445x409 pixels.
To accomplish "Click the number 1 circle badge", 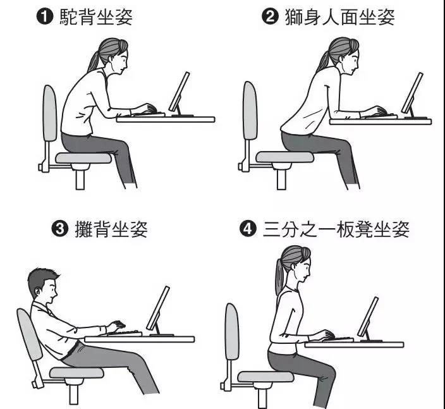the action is (45, 17).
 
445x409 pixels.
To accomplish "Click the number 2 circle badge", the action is (270, 16).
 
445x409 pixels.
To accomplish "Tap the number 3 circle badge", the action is (60, 228).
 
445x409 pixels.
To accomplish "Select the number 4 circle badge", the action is (248, 228).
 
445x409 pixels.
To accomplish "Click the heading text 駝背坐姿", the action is (96, 17).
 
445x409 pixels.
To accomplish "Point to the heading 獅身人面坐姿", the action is (339, 17).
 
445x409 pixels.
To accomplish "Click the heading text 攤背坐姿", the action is (111, 228).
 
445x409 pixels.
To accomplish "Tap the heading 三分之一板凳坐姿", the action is (336, 229).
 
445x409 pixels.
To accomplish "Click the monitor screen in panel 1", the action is (179, 92).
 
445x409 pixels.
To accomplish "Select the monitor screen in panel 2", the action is (412, 93).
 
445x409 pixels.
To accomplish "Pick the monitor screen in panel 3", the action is (158, 308).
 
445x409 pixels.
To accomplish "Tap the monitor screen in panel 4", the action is (368, 317).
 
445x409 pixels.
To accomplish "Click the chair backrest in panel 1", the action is (50, 113).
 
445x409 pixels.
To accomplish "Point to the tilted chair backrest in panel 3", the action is (30, 335).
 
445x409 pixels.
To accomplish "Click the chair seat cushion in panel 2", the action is (284, 157).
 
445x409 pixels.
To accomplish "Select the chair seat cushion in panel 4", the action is (265, 377).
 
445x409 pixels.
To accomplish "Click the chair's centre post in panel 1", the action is (80, 180).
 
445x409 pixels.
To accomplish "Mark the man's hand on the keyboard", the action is (116, 326).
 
